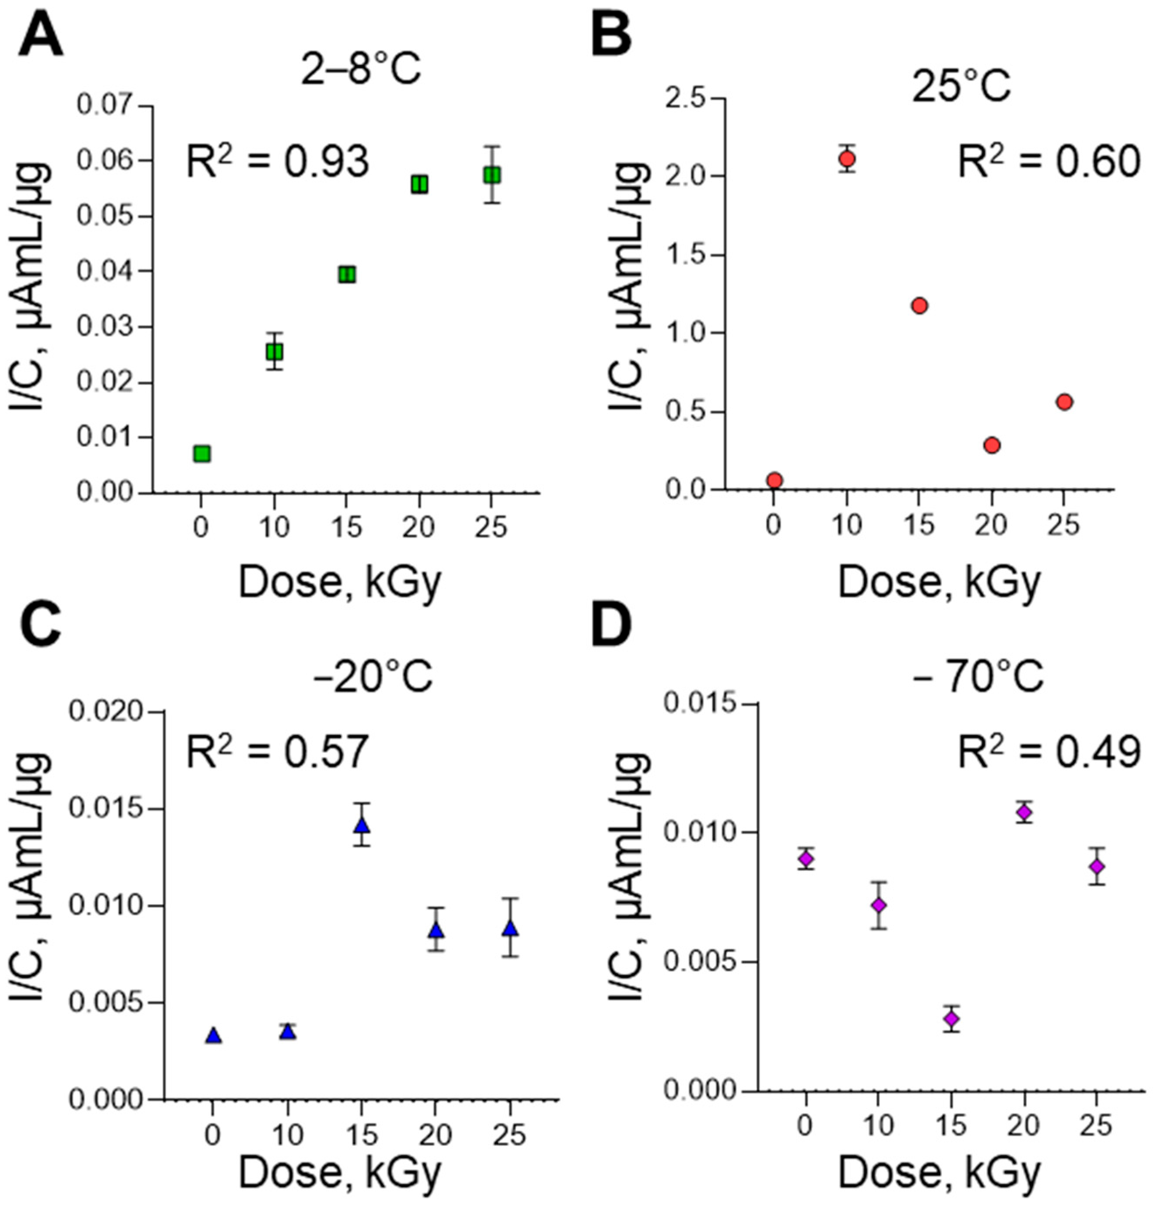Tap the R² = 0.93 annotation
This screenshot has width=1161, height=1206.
tap(278, 162)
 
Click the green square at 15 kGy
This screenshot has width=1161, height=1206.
tap(347, 274)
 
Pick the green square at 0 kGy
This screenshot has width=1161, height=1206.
tap(202, 454)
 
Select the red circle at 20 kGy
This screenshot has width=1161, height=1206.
tap(991, 445)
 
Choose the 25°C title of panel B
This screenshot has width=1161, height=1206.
tap(961, 86)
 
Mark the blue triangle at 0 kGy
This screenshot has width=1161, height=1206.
tap(213, 1035)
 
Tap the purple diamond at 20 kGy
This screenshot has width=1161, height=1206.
tap(1025, 812)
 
